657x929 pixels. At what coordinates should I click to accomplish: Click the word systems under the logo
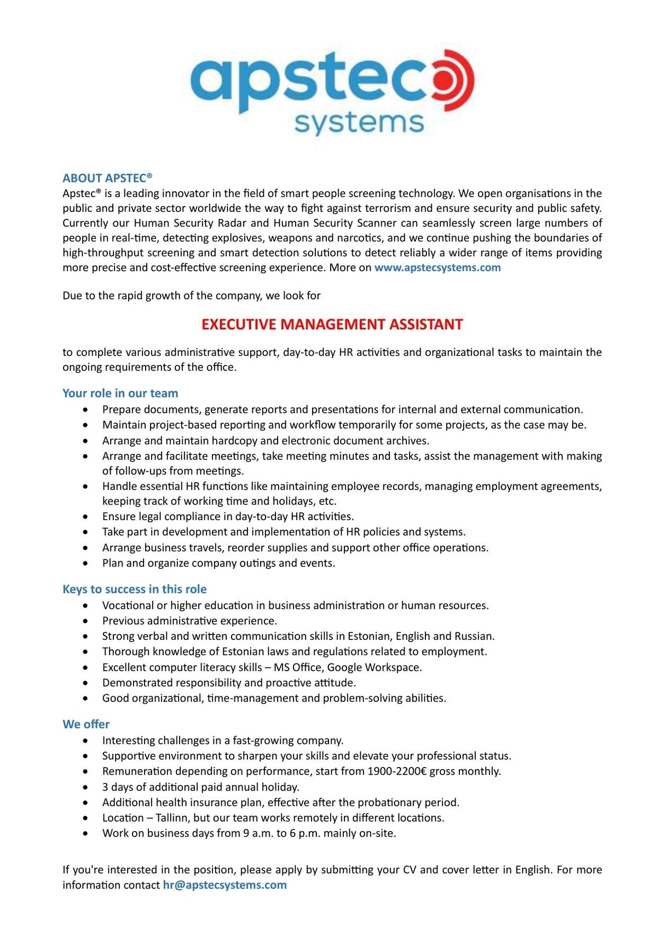point(359,124)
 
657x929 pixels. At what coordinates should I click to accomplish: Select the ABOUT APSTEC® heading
point(107,178)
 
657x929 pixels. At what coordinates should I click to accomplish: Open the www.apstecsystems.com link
point(437,268)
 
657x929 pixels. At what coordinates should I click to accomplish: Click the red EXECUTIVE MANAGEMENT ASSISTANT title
point(332,325)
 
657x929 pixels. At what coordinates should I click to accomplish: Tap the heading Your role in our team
point(120,393)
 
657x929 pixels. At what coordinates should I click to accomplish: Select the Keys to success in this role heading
point(134,589)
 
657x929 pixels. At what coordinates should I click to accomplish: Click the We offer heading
point(86,724)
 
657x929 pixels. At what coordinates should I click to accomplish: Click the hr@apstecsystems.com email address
point(224,885)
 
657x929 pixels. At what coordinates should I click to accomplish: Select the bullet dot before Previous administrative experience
point(85,621)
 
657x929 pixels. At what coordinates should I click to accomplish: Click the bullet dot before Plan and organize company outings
point(85,563)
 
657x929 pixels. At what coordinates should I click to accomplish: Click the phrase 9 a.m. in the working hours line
point(258,833)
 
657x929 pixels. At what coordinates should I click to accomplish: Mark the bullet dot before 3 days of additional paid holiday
point(85,787)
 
